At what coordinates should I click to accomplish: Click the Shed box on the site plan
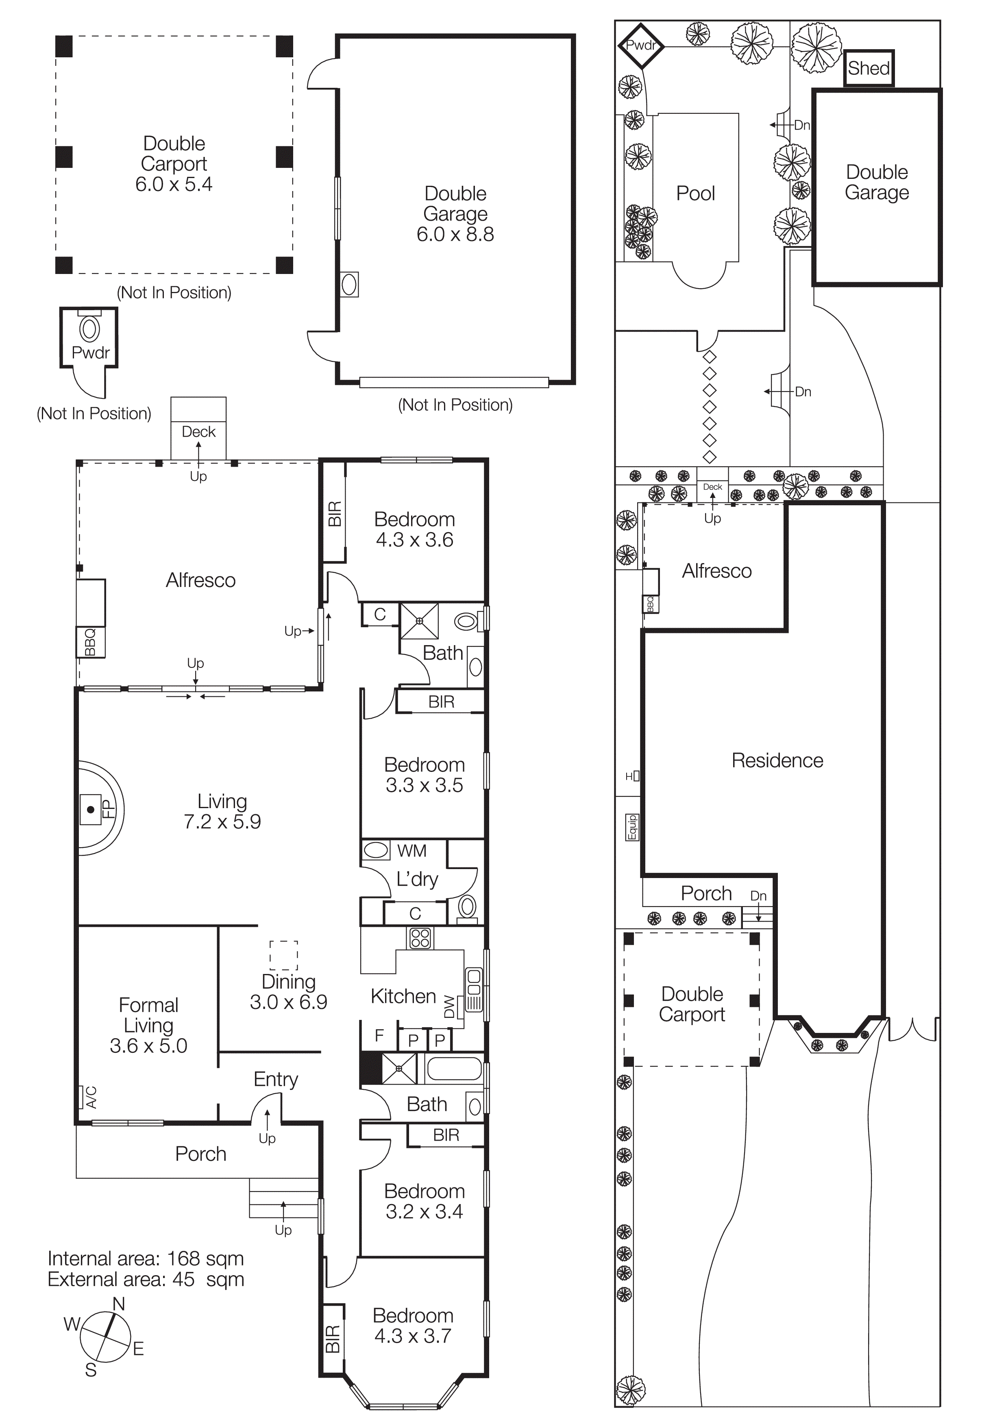(x=869, y=68)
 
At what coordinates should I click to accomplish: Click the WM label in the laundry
(x=412, y=850)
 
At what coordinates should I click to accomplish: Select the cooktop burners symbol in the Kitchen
(x=420, y=938)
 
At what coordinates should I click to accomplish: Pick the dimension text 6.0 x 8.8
(x=455, y=235)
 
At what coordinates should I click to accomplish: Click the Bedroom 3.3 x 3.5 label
(x=424, y=774)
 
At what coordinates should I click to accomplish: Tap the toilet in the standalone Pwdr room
(x=90, y=329)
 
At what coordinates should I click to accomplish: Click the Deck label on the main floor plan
(x=199, y=432)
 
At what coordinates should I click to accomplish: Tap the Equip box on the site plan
(x=631, y=827)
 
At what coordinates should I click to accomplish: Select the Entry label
(x=276, y=1079)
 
